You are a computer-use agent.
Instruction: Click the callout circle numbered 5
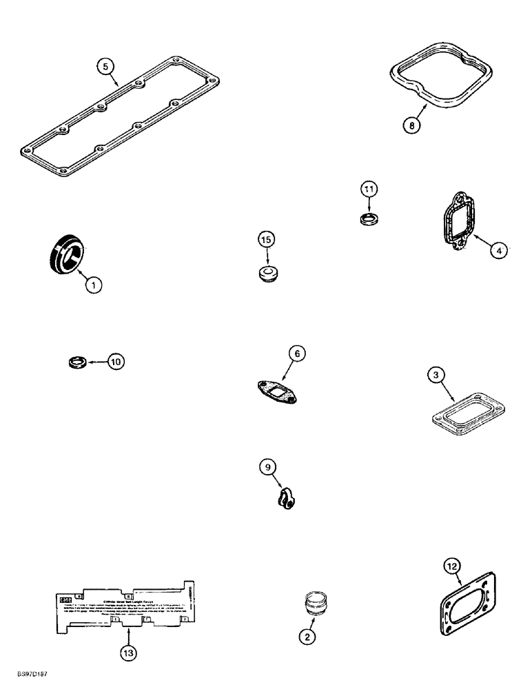[x=105, y=66]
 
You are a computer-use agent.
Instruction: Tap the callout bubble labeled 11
[x=369, y=189]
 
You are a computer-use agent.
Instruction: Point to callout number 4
[x=500, y=250]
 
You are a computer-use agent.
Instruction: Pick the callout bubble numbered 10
[x=116, y=361]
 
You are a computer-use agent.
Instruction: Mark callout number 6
[x=296, y=354]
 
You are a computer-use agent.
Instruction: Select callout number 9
[x=267, y=468]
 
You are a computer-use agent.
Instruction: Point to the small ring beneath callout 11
[x=371, y=220]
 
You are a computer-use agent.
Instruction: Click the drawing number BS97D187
[x=32, y=679]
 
